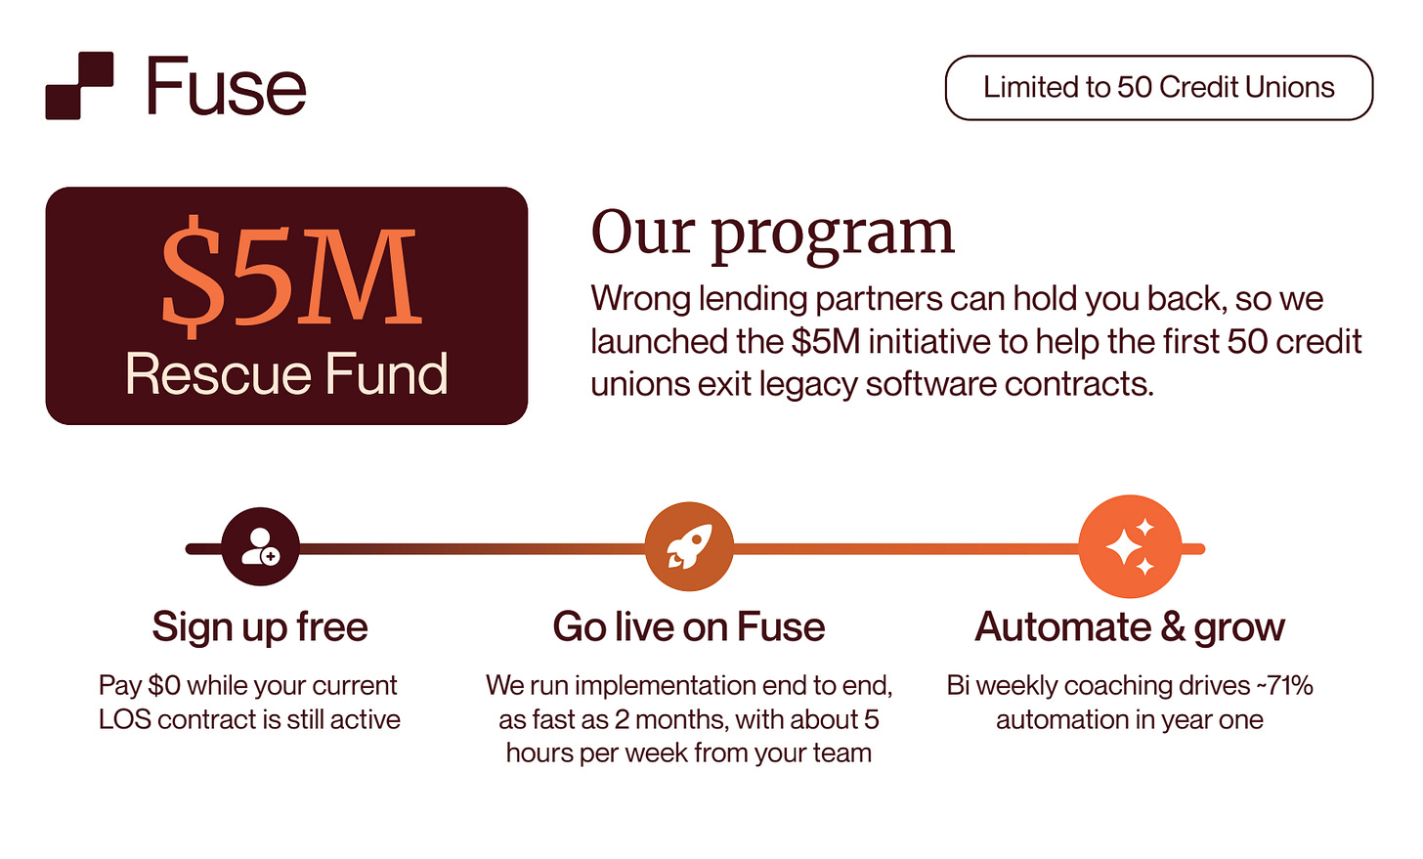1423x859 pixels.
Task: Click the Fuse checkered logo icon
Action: [79, 86]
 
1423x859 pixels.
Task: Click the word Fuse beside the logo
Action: [226, 86]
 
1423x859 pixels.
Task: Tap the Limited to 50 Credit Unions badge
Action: [1158, 88]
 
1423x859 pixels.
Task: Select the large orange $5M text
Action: [290, 276]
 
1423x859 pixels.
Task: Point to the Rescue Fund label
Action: [286, 374]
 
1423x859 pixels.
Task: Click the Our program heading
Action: [772, 233]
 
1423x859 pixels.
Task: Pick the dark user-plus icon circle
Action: [260, 547]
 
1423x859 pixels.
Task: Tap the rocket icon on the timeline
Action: [689, 547]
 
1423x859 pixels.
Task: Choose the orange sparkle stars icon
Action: [1130, 547]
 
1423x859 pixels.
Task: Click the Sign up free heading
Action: [260, 627]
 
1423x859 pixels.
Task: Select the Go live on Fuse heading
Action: [689, 627]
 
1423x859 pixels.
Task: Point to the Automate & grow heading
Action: [1130, 627]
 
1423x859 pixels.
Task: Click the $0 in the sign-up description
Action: [164, 685]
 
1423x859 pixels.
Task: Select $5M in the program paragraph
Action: [826, 341]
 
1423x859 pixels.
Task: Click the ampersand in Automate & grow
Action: [1173, 627]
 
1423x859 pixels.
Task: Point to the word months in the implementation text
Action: [681, 719]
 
